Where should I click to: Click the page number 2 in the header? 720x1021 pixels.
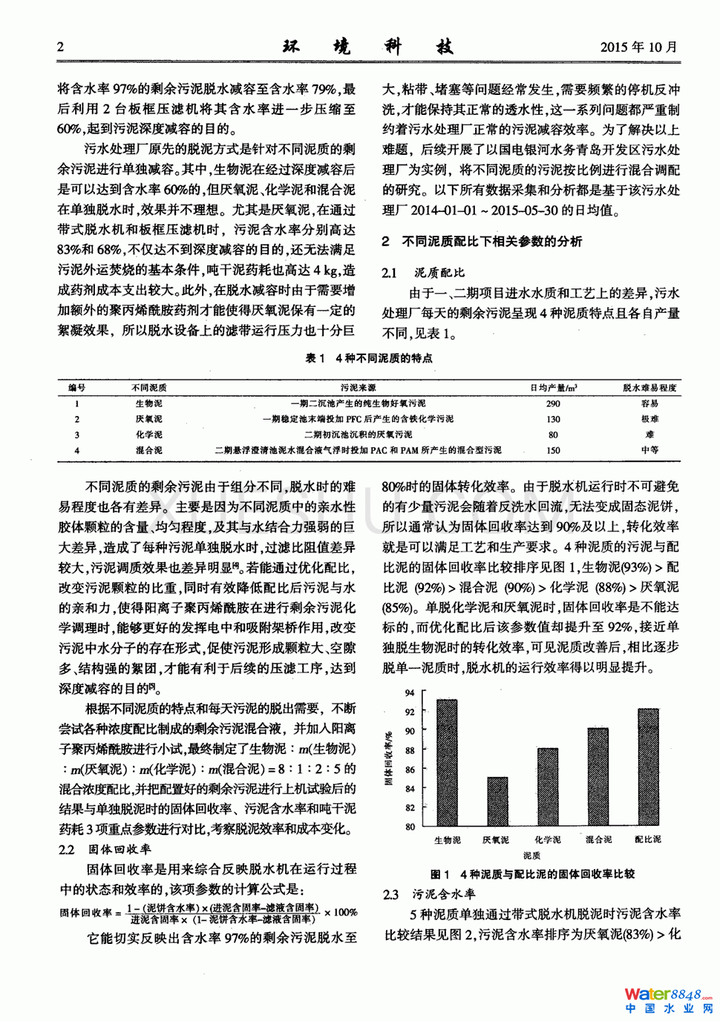pyautogui.click(x=61, y=47)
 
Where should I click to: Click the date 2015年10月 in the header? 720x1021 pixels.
pyautogui.click(x=638, y=47)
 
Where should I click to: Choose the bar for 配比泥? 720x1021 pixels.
pyautogui.click(x=648, y=767)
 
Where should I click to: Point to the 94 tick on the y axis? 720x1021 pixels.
pyautogui.click(x=410, y=693)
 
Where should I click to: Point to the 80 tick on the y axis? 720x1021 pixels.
pyautogui.click(x=410, y=827)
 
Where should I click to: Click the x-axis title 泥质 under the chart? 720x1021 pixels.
pyautogui.click(x=531, y=855)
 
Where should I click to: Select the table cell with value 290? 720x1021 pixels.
pyautogui.click(x=553, y=404)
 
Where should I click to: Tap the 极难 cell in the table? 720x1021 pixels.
pyautogui.click(x=649, y=419)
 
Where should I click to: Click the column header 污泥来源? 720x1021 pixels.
pyautogui.click(x=358, y=388)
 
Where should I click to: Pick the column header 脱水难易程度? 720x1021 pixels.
pyautogui.click(x=649, y=388)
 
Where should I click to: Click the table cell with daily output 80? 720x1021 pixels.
pyautogui.click(x=553, y=434)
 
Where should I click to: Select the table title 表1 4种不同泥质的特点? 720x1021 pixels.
pyautogui.click(x=369, y=358)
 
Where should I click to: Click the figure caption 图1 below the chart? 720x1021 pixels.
pyautogui.click(x=532, y=874)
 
